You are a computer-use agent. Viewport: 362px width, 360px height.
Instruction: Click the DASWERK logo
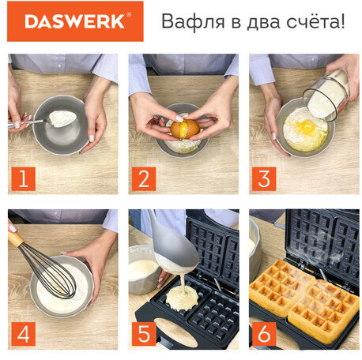75,21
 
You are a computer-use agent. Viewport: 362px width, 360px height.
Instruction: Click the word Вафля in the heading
193,21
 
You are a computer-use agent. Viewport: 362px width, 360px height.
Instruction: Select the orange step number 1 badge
24,178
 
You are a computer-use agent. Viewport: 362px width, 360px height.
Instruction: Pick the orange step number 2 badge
144,178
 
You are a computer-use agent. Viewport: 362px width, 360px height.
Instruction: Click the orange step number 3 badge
264,178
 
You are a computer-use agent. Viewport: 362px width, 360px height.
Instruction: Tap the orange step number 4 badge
24,334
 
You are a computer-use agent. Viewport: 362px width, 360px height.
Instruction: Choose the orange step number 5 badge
144,334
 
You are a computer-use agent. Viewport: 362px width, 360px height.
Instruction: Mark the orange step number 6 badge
264,334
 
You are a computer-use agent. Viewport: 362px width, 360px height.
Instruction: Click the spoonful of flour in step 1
62,118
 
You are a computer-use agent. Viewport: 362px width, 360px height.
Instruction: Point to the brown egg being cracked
185,129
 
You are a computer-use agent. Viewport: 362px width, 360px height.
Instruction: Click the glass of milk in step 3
326,96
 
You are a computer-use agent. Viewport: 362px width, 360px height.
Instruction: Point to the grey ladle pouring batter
174,247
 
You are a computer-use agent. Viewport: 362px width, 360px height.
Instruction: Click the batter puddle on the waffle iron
182,298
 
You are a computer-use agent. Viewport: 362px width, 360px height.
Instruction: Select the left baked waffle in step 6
281,287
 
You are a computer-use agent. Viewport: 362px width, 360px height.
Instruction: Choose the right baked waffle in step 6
323,310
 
